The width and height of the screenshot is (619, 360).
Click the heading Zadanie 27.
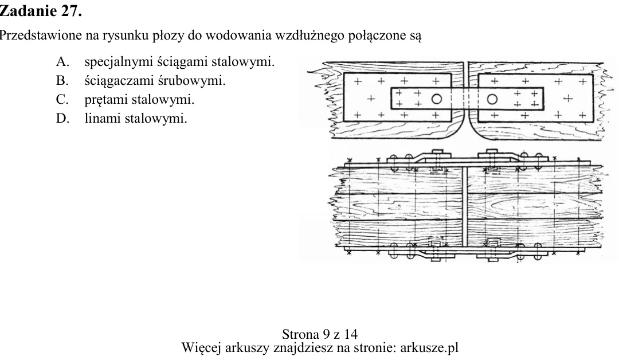tap(40, 11)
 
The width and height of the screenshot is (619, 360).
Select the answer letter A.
tap(63, 61)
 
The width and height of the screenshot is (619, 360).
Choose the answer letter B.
tap(62, 80)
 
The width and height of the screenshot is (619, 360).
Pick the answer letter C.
tap(62, 100)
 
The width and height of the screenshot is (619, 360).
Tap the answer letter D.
tap(63, 119)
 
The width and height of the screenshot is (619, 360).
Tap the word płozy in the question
tap(169, 36)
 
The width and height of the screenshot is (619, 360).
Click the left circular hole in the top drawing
tap(436, 99)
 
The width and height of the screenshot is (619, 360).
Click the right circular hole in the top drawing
tap(492, 99)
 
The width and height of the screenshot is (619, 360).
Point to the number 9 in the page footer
tap(327, 334)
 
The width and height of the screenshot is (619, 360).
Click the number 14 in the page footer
tap(351, 334)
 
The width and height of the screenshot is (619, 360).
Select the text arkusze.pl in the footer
tap(429, 348)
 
